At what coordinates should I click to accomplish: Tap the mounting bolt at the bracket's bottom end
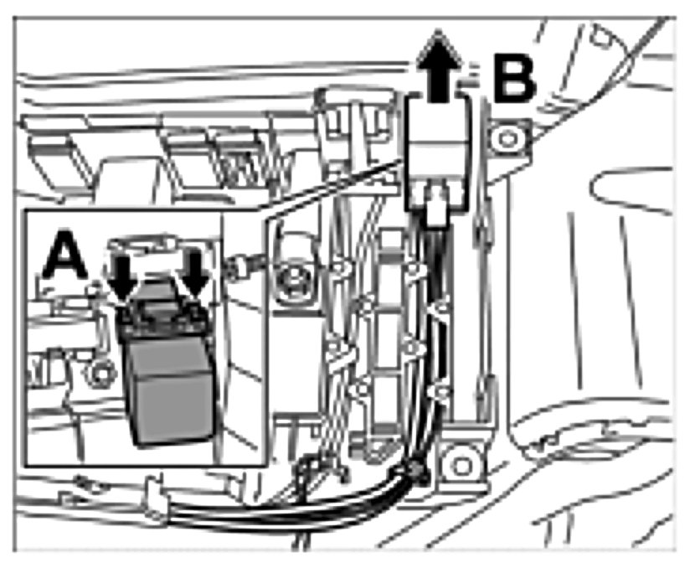(x=459, y=460)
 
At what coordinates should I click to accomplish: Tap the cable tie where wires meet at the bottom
(x=414, y=474)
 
